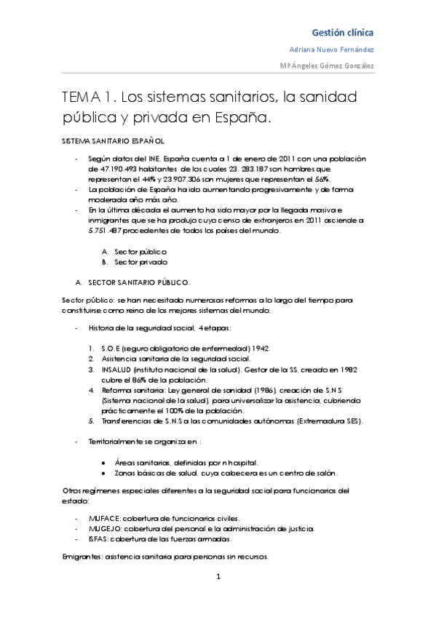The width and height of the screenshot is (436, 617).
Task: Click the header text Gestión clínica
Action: click(x=343, y=33)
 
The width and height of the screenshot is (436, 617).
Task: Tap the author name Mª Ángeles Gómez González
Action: click(x=328, y=65)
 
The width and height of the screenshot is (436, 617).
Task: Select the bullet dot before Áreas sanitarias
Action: click(x=107, y=462)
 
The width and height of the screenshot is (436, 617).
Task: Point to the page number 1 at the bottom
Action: click(x=218, y=578)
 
